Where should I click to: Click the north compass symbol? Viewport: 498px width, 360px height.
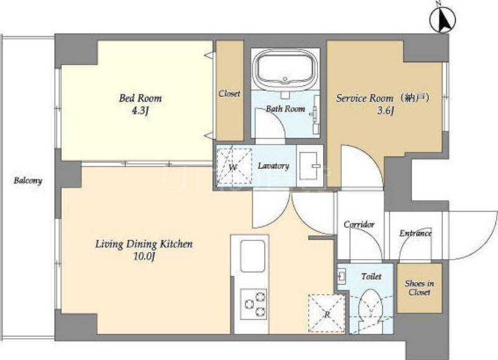443,19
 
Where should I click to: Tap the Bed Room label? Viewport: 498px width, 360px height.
140,98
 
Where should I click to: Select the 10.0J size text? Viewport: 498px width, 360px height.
144,257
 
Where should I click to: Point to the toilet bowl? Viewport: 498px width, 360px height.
370,305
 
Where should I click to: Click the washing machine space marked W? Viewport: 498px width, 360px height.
234,166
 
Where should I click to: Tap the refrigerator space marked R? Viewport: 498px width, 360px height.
326,314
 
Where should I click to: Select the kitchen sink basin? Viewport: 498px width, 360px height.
253,256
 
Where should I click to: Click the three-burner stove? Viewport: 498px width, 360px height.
253,304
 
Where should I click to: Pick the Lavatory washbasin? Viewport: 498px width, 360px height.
310,166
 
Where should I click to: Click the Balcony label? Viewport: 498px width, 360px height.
28,181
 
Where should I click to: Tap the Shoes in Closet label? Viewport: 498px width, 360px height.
419,288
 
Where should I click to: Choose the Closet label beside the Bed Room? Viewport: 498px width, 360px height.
229,93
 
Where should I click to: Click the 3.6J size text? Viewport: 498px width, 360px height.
385,111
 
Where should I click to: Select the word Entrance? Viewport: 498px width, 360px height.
415,233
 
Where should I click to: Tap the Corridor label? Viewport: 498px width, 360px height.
359,224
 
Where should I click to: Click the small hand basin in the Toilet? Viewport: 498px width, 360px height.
342,275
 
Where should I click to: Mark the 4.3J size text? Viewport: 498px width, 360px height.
140,111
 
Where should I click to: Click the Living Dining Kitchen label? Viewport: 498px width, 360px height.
144,244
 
